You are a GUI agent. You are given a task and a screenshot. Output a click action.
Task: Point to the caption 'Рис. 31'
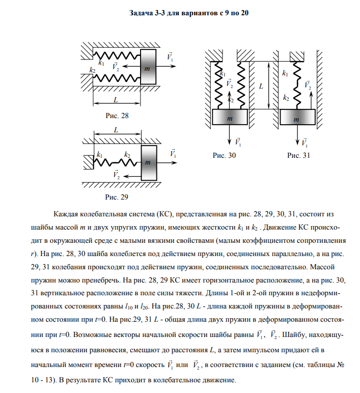(298, 156)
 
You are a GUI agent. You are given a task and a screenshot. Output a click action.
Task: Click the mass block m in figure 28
(147, 67)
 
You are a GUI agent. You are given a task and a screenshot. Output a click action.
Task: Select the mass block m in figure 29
(148, 162)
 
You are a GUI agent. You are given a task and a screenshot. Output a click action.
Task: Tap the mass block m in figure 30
(229, 118)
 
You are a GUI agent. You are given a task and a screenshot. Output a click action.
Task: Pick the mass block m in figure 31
(297, 118)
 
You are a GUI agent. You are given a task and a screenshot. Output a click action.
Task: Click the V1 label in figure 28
(171, 58)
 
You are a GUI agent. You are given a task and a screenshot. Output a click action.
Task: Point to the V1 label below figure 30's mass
(239, 142)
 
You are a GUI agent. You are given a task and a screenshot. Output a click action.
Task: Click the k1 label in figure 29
(99, 154)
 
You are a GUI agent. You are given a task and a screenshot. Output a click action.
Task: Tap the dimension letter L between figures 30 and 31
(261, 86)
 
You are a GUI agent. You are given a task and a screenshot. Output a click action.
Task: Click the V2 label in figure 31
(308, 85)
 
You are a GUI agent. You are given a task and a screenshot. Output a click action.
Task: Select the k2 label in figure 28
(92, 70)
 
